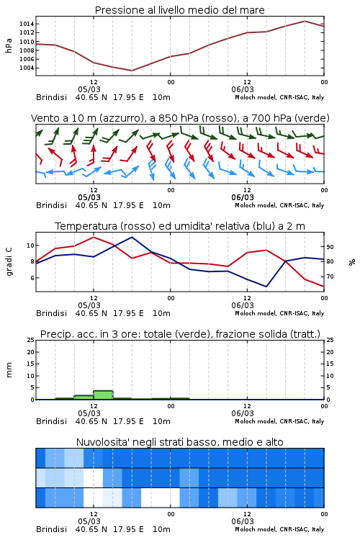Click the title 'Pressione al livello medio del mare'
point(179,10)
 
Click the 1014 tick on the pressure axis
point(27,24)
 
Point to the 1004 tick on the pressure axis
point(27,68)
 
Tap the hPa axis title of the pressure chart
point(9,45)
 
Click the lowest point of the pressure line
point(132,71)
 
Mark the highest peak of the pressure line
point(305,21)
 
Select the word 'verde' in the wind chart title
point(312,118)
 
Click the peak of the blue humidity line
point(132,237)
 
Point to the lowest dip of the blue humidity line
point(266,287)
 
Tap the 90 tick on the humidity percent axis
point(330,247)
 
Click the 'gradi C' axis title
point(9,262)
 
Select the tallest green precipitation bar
point(103,395)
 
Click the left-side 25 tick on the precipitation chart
point(31,340)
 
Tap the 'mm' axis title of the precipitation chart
point(9,370)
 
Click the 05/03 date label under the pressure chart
point(89,89)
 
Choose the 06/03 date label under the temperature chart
point(243,305)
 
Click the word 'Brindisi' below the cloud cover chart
point(51,529)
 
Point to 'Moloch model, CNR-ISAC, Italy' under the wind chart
point(279,205)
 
